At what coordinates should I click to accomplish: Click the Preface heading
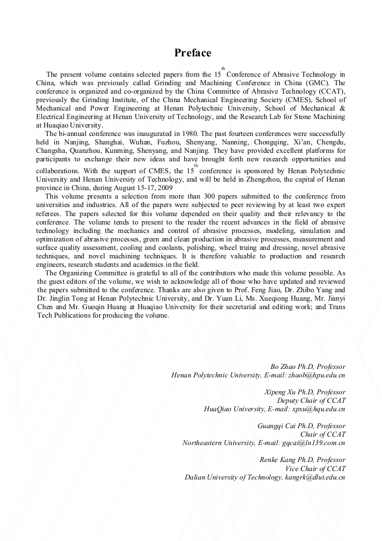click(193, 53)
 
